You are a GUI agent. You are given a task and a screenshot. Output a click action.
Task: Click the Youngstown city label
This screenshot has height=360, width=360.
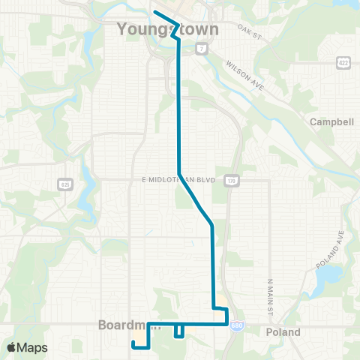(x=168, y=30)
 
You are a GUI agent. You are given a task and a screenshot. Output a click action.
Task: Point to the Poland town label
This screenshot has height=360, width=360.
(x=284, y=332)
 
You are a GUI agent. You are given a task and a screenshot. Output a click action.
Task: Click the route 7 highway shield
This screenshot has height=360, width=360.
(x=202, y=49)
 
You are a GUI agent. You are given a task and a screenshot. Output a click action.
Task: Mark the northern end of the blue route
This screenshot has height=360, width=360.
(x=155, y=12)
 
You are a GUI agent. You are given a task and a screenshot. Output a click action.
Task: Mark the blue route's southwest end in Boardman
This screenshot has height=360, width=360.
(x=133, y=343)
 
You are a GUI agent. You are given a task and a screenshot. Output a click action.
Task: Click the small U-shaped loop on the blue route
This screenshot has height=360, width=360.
(x=179, y=332)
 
